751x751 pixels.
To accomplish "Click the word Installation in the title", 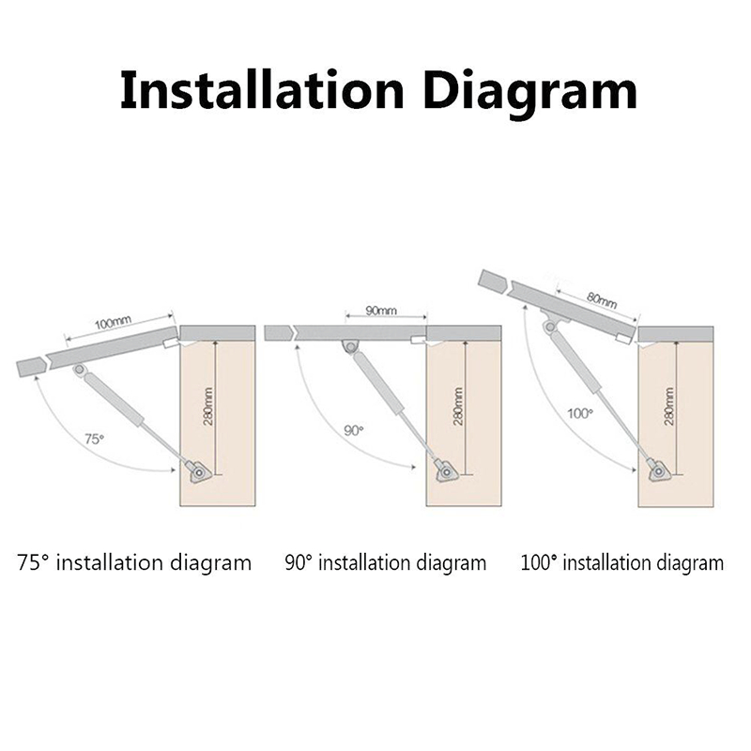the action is pos(257,91).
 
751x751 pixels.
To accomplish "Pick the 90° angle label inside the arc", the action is pos(353,430).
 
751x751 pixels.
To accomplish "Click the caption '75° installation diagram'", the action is pos(134,563).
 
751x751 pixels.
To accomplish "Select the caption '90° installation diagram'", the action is pos(386,563).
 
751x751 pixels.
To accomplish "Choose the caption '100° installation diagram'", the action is pos(622,563).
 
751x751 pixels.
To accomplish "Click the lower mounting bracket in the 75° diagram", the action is pos(198,470).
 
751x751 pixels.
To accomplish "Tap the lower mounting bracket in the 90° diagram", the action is pos(444,469).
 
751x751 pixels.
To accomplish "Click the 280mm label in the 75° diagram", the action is pos(207,406).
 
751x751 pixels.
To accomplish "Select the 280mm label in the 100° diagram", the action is pos(668,406).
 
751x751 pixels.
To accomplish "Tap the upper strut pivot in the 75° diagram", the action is pos(81,372).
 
